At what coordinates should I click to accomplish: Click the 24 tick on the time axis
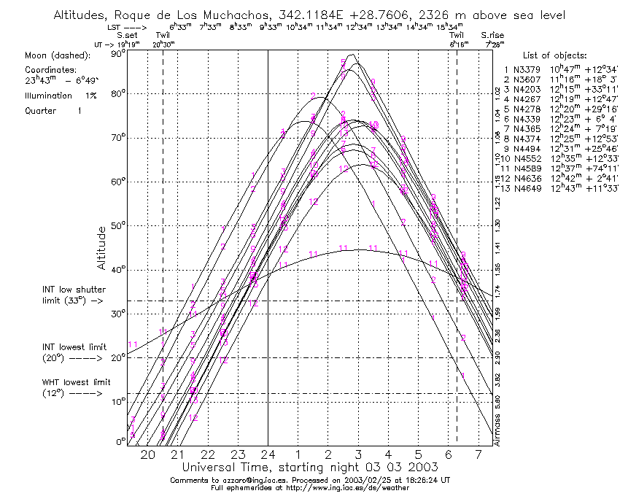tap(268, 454)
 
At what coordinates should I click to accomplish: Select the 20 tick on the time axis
tap(147, 454)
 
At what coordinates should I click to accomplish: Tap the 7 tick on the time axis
tap(478, 454)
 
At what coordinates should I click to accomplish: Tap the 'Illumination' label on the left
tap(47, 96)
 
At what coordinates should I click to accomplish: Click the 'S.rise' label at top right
tap(492, 35)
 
